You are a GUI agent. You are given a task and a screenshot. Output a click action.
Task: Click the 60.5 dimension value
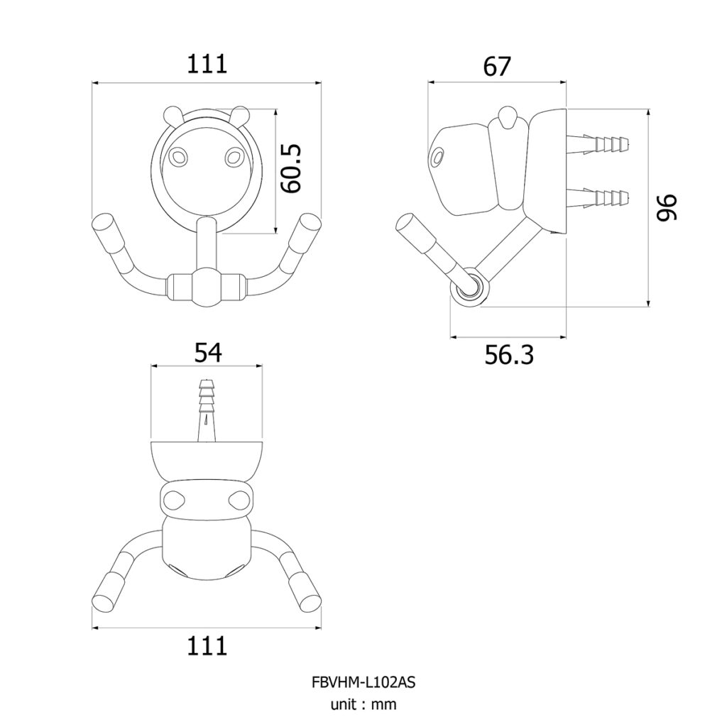[x=291, y=169]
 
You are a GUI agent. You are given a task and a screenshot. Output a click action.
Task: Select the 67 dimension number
[x=496, y=66]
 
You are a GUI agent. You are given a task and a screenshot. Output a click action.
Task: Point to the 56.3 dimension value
[x=509, y=356]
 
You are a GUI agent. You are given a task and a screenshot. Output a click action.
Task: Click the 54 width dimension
[x=208, y=353]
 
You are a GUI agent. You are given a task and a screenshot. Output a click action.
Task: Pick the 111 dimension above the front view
[x=207, y=64]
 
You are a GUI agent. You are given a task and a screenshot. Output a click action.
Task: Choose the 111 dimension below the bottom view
[x=207, y=646]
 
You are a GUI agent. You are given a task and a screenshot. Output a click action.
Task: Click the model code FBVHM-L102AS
[x=363, y=682]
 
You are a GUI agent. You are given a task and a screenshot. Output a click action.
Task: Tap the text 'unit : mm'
[x=363, y=705]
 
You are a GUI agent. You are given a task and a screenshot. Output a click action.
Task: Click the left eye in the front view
[x=177, y=157]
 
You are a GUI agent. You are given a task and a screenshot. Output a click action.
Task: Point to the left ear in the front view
[x=173, y=114]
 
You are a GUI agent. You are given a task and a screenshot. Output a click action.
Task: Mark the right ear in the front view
[x=240, y=114]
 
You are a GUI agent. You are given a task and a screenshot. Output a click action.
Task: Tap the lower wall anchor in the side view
[x=598, y=197]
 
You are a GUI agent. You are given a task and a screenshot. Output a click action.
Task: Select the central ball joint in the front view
[x=206, y=288]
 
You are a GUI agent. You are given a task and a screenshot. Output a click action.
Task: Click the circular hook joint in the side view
[x=469, y=287]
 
